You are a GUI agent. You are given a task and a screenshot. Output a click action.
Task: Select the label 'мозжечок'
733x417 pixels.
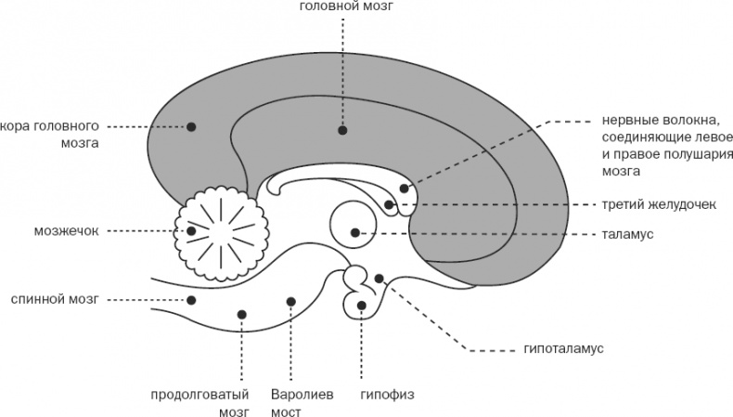66,229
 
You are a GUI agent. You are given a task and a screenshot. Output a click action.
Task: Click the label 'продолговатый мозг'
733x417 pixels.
201,400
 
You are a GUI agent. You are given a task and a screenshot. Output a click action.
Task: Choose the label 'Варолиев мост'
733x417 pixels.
295,400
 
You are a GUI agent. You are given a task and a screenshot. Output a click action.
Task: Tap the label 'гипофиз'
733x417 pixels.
380,392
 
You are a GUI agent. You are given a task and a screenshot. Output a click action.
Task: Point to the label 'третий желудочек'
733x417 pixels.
650,204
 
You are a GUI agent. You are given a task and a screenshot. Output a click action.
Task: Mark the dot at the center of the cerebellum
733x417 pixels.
191,230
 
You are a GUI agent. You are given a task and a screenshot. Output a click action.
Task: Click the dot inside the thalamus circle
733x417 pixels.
354,232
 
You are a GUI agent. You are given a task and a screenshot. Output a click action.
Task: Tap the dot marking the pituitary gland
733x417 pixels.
361,305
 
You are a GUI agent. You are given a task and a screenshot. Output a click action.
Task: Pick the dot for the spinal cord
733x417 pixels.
192,299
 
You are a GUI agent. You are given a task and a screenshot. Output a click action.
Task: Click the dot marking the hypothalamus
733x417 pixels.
379,278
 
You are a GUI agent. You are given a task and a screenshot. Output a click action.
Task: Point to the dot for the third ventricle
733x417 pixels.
389,204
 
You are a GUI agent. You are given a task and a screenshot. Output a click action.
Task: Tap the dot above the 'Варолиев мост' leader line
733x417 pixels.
291,301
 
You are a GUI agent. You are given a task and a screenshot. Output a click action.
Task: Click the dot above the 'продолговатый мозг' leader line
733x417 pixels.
241,315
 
